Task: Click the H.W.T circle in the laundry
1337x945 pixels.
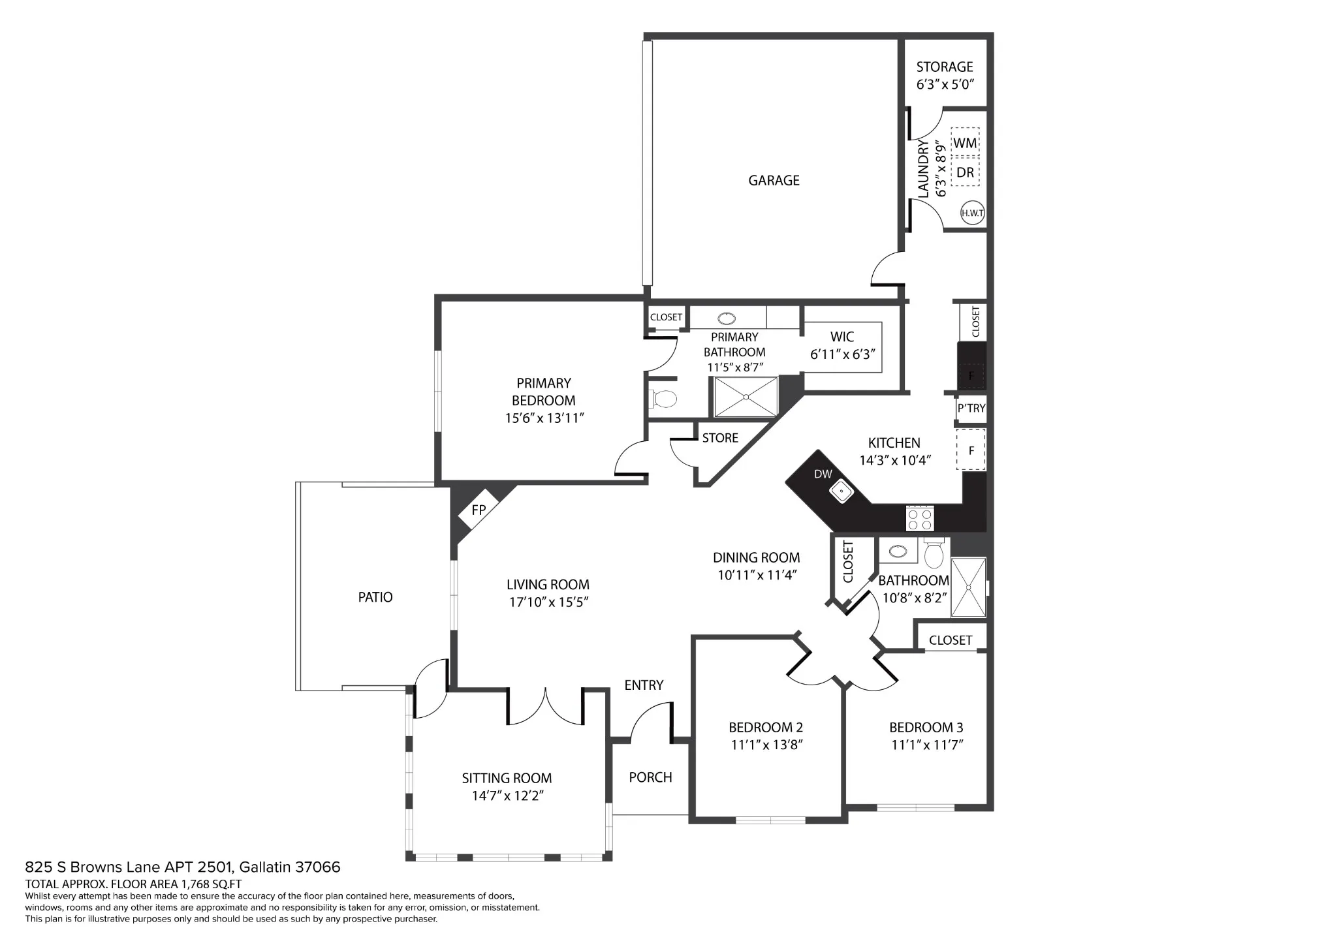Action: click(x=972, y=213)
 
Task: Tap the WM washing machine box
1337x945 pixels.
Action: click(x=965, y=142)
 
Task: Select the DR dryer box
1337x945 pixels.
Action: click(x=965, y=172)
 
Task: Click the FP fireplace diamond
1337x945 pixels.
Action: click(x=479, y=510)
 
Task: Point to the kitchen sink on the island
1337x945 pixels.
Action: click(x=841, y=491)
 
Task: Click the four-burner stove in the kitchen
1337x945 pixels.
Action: click(x=920, y=518)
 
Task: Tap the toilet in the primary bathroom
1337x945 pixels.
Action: click(x=664, y=398)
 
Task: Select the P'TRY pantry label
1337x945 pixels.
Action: click(x=971, y=408)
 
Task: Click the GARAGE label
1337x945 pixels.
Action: click(x=774, y=180)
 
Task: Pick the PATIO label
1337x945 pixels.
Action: click(x=375, y=596)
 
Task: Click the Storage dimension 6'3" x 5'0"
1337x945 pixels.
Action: click(x=945, y=84)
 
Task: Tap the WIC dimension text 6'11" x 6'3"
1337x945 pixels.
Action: click(x=842, y=354)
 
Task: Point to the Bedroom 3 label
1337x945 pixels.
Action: click(x=926, y=727)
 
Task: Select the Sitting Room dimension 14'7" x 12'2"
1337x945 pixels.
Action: click(x=507, y=796)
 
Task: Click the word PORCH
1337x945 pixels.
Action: click(x=650, y=777)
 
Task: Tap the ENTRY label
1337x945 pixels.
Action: click(x=644, y=685)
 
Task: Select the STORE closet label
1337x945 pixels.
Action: click(x=720, y=438)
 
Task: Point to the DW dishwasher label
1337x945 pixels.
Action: click(x=823, y=474)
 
